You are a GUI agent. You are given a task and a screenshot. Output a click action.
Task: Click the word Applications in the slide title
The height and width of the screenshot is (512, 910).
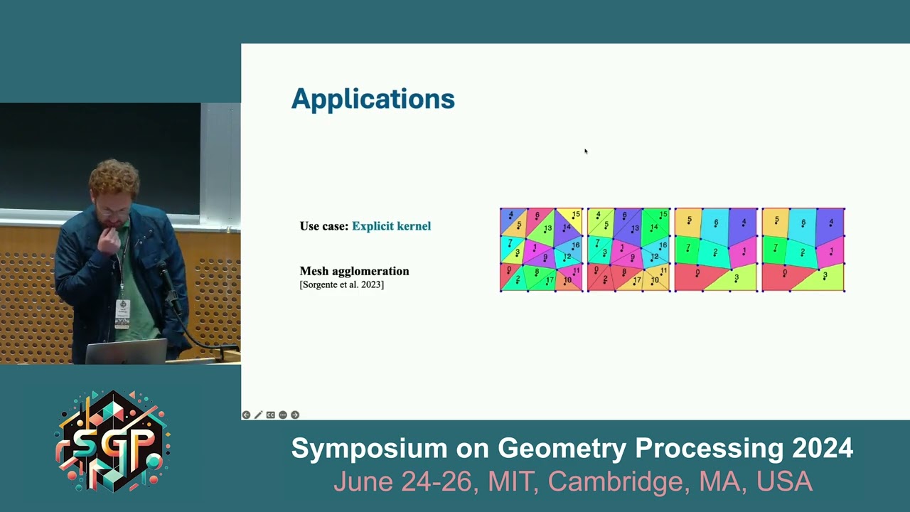(373, 99)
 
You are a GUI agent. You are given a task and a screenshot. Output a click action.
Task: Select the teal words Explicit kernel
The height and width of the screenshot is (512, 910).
(391, 226)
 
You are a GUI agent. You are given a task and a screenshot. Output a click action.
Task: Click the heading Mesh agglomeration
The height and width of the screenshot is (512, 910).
(354, 271)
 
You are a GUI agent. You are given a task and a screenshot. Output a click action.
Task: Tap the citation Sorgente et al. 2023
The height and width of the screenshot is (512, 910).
(342, 285)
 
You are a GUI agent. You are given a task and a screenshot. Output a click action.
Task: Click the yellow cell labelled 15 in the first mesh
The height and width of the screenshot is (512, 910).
(574, 214)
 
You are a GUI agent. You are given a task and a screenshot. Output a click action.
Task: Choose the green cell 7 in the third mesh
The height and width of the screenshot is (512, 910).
(687, 249)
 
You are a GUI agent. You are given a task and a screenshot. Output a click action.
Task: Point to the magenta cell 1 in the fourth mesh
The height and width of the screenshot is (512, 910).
(830, 252)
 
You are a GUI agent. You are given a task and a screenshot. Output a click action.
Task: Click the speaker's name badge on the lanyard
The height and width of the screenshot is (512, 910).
(122, 313)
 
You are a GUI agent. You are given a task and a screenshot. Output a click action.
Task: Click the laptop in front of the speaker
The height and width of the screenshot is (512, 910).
(127, 351)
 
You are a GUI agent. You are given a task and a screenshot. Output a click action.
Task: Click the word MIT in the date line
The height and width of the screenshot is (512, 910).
(511, 481)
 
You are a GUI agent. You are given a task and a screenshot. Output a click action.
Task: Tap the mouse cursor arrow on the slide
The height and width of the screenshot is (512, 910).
(586, 151)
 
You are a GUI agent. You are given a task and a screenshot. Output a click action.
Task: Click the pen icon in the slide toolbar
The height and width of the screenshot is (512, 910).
(258, 415)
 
